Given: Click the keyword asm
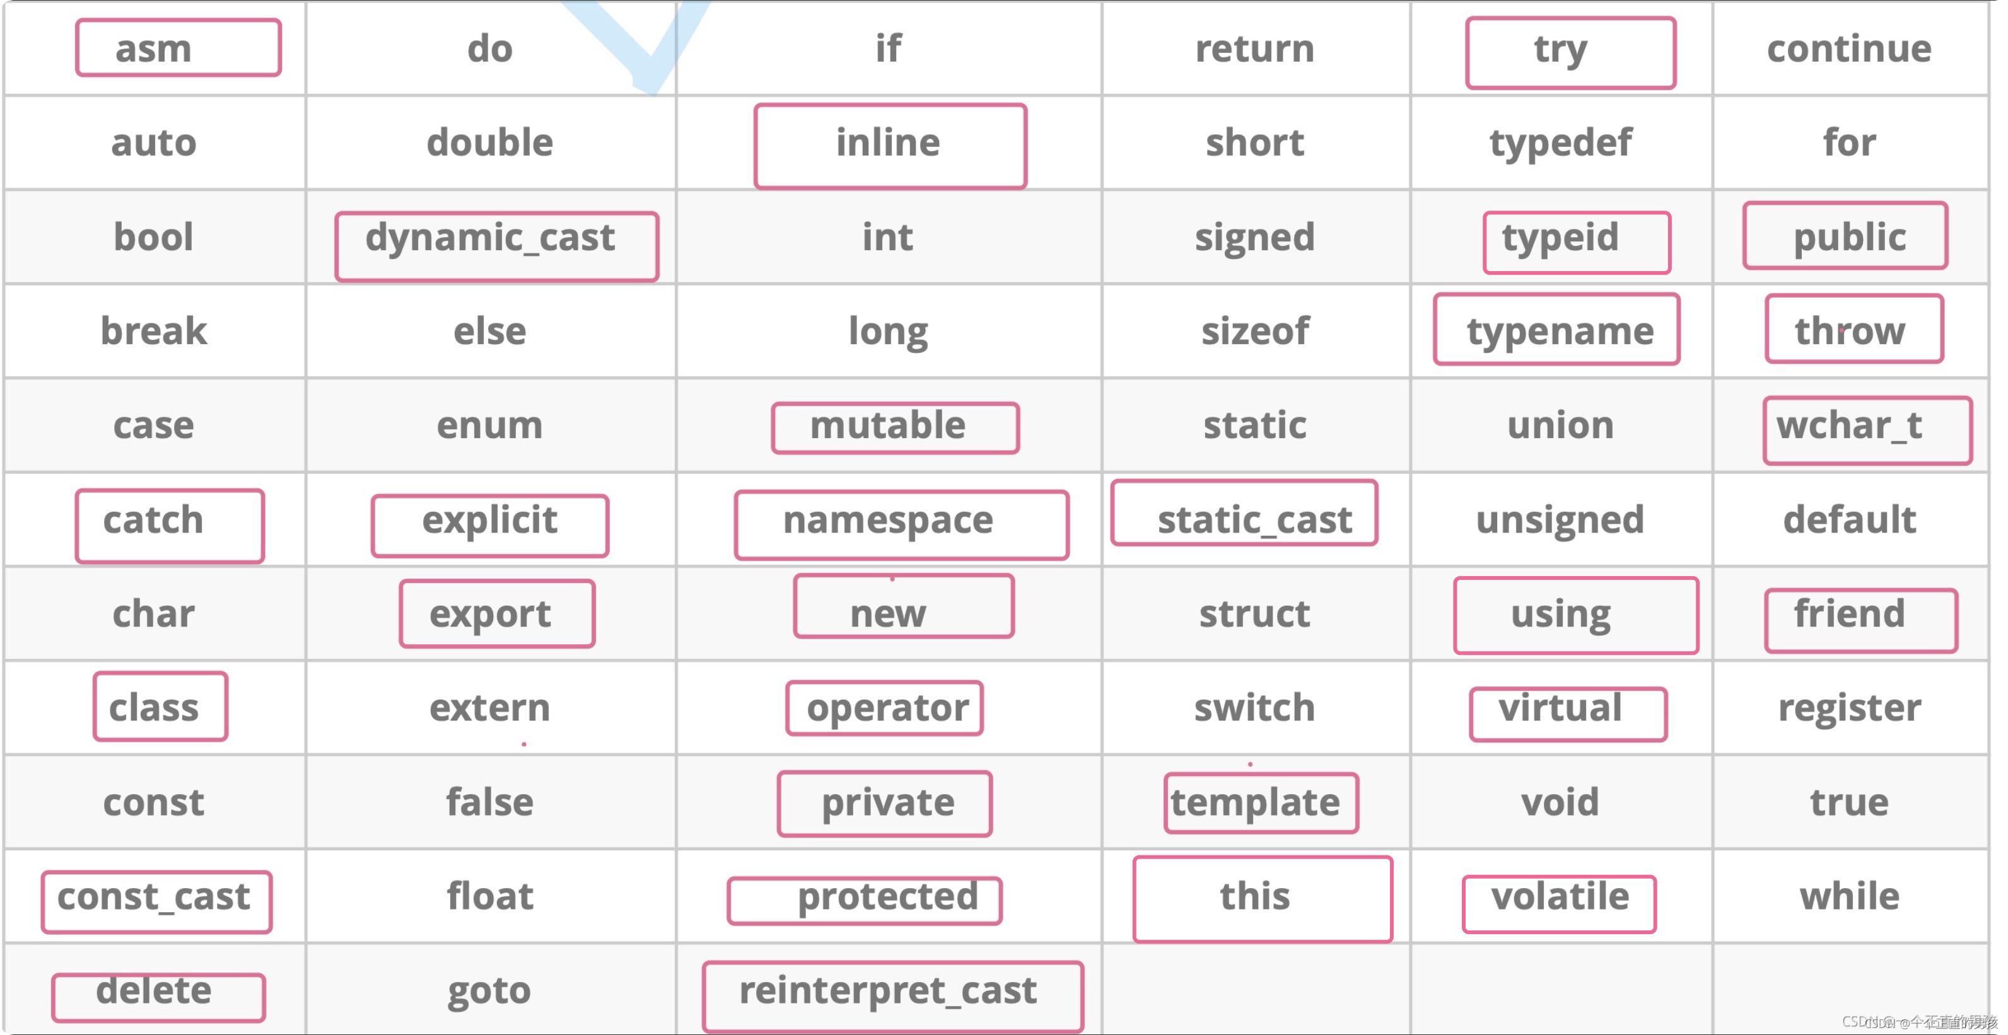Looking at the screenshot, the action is pos(153,49).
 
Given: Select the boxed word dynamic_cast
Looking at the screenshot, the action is pos(490,237).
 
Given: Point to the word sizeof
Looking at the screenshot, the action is pos(1255,330).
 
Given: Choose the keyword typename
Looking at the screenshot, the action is pos(1560,330).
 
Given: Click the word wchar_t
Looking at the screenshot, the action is pos(1849,425).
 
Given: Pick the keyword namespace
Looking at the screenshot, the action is pos(888,520).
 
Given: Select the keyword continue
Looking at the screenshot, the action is pos(1849,49).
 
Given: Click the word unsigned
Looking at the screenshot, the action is pos(1560,520).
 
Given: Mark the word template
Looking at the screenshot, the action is pos(1255,802).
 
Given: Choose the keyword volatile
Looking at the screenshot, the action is pos(1560,896).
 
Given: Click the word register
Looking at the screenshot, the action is pos(1849,708).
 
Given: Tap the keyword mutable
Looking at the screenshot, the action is pos(888,425).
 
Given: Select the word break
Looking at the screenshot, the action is pos(153,330).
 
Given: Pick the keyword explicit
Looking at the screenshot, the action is pos(489,520).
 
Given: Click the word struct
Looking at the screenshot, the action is pos(1255,613).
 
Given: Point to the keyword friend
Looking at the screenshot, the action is pos(1849,613).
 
